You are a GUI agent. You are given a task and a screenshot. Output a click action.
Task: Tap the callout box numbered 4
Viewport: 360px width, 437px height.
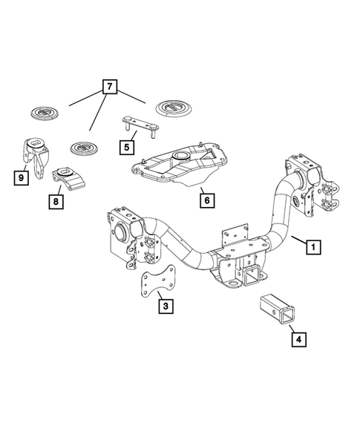click(x=298, y=341)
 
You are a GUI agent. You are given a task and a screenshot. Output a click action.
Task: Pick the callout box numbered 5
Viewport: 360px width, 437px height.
click(x=127, y=146)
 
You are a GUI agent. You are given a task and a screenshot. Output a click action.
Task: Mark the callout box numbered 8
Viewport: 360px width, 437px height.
click(x=56, y=200)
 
